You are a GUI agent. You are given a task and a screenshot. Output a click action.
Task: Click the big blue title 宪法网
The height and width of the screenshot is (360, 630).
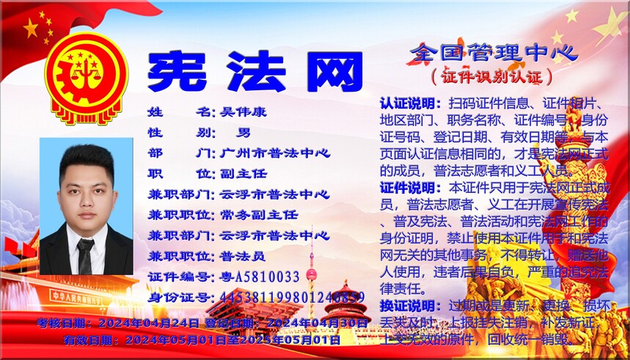pos(255,71)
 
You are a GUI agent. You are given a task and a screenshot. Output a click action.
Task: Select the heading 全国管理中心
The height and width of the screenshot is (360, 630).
pos(494,51)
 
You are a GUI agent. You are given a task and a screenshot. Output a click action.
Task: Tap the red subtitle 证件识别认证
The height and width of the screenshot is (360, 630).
pos(491,76)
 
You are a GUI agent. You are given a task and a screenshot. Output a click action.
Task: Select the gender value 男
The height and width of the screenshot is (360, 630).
pos(243,133)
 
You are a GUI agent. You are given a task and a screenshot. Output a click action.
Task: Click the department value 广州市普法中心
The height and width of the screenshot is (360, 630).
pos(274,153)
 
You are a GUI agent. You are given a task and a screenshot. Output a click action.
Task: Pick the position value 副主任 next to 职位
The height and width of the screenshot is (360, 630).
pos(243,174)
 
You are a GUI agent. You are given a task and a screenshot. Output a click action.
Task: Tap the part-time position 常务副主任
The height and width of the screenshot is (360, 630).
pos(259,215)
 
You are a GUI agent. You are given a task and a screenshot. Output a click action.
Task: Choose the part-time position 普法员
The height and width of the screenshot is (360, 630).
pos(243,256)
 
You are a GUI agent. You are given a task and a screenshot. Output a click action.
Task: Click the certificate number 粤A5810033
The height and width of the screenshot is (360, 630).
pos(260,276)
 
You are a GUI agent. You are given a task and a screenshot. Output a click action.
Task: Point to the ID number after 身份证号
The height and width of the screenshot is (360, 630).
pos(292,297)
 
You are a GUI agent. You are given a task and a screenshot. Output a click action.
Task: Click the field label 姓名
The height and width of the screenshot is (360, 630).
pos(180,112)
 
